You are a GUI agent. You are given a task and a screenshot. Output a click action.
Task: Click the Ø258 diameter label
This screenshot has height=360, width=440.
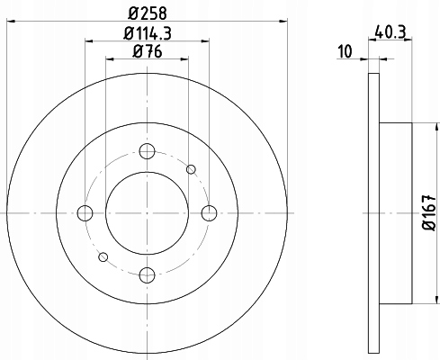click(148, 13)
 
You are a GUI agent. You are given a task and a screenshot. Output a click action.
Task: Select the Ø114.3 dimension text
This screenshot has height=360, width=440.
click(148, 33)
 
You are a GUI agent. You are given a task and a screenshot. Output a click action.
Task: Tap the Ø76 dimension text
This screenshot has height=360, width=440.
click(148, 51)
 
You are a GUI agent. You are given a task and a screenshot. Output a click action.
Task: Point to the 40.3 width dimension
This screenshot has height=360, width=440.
click(391, 32)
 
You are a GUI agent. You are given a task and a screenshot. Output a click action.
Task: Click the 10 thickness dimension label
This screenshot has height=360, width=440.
click(345, 51)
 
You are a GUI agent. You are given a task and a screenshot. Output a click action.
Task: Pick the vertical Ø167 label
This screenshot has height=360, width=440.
click(429, 212)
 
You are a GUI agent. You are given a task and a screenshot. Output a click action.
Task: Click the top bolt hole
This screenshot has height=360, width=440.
click(147, 151)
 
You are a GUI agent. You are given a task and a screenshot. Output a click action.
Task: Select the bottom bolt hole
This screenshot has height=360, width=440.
click(147, 274)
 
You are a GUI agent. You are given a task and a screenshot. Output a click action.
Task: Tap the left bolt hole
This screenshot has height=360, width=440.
click(85, 213)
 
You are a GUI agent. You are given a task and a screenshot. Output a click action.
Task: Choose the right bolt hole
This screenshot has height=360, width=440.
click(209, 213)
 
